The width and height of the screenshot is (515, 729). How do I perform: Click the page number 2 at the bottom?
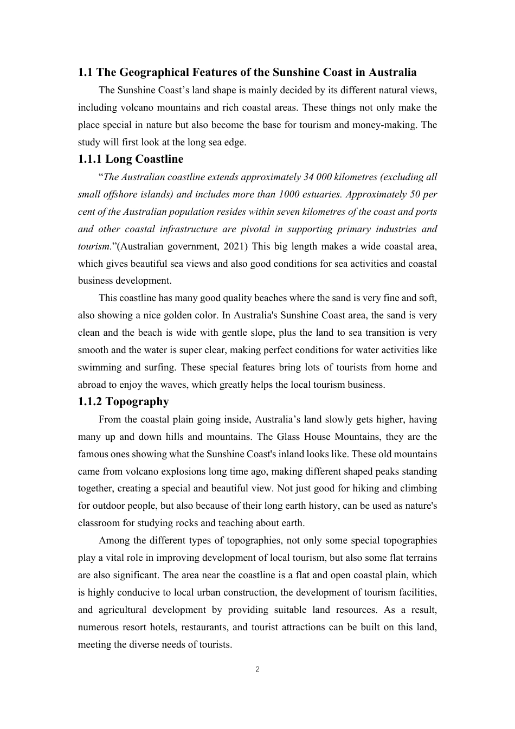257,669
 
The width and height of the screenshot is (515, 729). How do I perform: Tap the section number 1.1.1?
90,159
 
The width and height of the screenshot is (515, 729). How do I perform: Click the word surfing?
160,367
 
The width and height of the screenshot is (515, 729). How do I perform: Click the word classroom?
101,523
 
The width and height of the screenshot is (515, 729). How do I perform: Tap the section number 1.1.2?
90,401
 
